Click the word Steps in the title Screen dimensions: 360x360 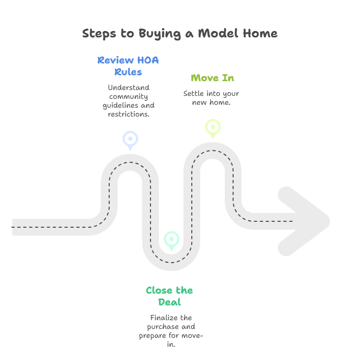pos(99,33)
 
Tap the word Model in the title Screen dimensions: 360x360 pos(218,33)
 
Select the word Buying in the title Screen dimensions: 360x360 pos(160,34)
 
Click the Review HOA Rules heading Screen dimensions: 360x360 pos(128,66)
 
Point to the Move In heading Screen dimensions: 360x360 pos(212,78)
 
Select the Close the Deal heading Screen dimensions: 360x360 pos(170,296)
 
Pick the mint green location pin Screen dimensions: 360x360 pos(172,241)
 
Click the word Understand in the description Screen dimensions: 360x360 pos(128,88)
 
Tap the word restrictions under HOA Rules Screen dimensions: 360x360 pos(128,114)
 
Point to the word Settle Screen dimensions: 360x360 pos(194,93)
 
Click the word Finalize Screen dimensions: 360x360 pos(164,318)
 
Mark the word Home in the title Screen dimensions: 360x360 pos(260,33)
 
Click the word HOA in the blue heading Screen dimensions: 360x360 pos(148,60)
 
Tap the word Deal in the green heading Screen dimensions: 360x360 pos(170,302)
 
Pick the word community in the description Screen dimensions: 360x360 pos(128,97)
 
